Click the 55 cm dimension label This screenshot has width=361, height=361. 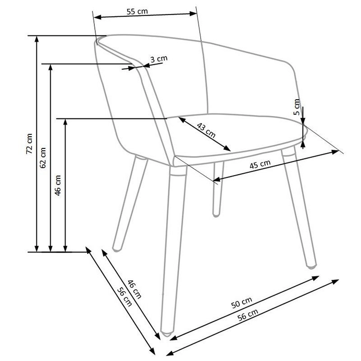[x=137, y=12]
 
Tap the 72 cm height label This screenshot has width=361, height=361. [x=29, y=144]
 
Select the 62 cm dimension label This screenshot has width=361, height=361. [x=43, y=158]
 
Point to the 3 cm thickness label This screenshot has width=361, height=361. [x=159, y=59]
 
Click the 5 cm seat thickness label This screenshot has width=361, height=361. [x=297, y=107]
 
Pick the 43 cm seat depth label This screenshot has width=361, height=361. [x=206, y=130]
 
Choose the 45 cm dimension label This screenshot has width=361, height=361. [x=260, y=164]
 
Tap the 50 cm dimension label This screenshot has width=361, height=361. [x=241, y=302]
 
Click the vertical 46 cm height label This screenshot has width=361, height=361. [x=58, y=185]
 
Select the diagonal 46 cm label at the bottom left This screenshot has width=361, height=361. [x=134, y=289]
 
